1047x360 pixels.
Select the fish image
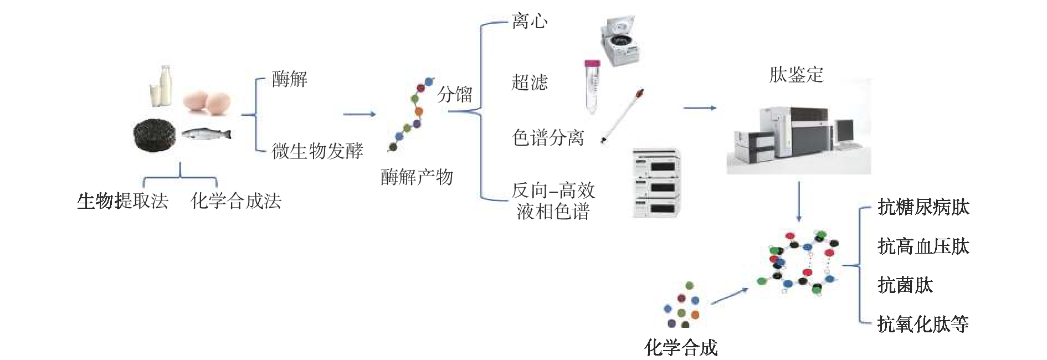[x=206, y=133]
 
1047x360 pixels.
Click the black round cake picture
[x=155, y=135]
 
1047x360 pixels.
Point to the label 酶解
[x=289, y=79]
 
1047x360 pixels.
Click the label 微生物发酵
[x=317, y=151]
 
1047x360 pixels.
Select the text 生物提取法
[x=122, y=200]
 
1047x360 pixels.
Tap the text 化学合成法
[x=236, y=200]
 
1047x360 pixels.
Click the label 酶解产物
[x=417, y=177]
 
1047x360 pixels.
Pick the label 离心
[x=529, y=22]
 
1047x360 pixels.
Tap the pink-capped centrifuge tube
[x=592, y=86]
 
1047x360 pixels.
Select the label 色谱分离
[x=548, y=137]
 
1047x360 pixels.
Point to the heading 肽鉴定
[x=796, y=75]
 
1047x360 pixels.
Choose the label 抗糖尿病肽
[x=923, y=207]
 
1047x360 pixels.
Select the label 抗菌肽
[x=905, y=285]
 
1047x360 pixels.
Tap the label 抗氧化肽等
[x=923, y=324]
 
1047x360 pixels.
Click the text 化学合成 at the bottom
[x=681, y=348]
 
